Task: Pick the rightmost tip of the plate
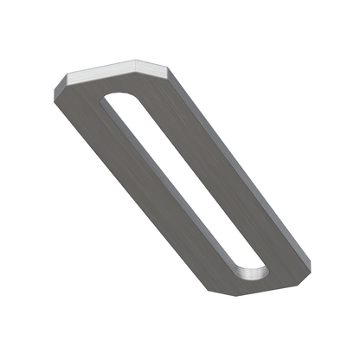click(311, 260)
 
